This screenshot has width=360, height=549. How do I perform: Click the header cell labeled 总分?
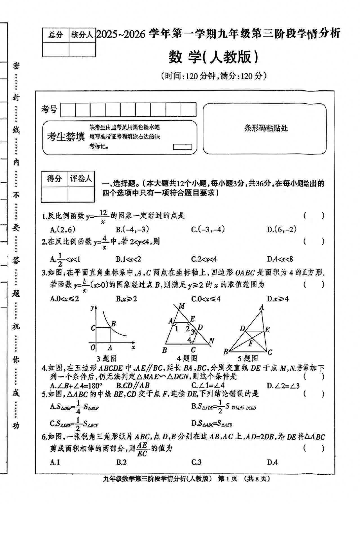tap(55, 35)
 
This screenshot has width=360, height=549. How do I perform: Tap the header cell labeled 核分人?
tap(82, 35)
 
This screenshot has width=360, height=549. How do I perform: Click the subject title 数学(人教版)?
tap(213, 57)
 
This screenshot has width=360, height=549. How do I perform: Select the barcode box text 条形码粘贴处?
tap(266, 128)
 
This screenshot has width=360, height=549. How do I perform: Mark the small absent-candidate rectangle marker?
tap(183, 147)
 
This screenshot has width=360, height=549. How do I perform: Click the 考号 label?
tap(49, 109)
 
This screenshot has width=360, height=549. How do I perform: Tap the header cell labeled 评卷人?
tap(81, 178)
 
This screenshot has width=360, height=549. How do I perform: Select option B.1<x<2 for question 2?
tap(128, 259)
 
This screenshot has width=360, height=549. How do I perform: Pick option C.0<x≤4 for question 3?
tap(206, 299)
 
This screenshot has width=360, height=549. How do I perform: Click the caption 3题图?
tap(106, 358)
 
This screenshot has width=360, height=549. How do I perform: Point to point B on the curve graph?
tap(113, 324)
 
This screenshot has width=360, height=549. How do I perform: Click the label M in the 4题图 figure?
tap(182, 306)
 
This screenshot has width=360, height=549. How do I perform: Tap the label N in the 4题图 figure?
tap(212, 341)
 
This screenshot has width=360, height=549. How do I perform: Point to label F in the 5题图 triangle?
tap(251, 343)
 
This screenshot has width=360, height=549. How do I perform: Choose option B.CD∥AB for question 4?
tap(133, 386)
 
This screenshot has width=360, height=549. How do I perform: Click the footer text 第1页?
tap(228, 479)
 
